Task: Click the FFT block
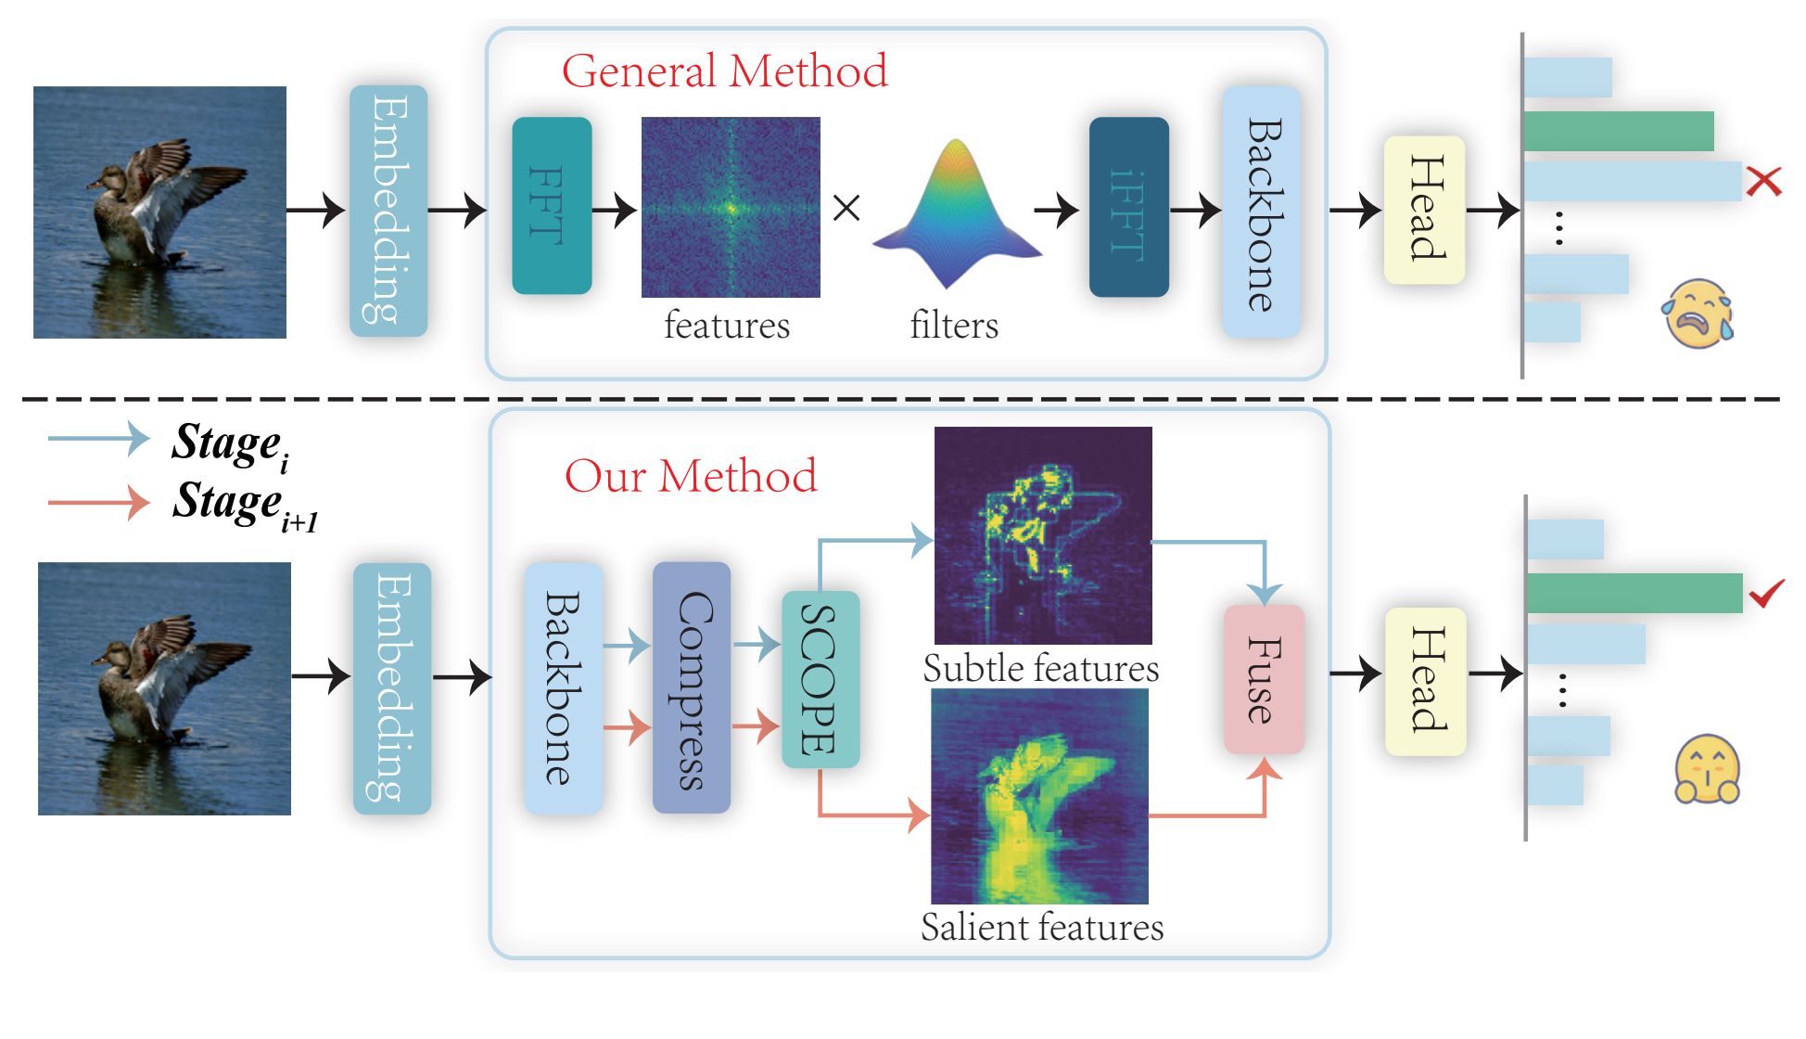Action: point(552,206)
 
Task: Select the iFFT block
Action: point(1128,208)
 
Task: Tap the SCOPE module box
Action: point(820,679)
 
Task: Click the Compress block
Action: point(692,687)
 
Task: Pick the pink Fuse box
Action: point(1264,679)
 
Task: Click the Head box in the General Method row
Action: point(1424,210)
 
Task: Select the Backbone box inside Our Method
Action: point(564,687)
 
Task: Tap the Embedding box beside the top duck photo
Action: point(388,211)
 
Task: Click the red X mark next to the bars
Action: point(1763,181)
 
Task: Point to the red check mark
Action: point(1766,593)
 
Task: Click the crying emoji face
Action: point(1698,314)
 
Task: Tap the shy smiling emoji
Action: point(1707,770)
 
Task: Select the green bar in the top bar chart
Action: point(1618,131)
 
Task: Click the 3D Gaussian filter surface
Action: point(956,218)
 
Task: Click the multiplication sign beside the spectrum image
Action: point(846,208)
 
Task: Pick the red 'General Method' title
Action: point(724,71)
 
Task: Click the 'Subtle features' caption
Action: point(1040,669)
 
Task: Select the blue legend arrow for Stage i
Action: point(99,438)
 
